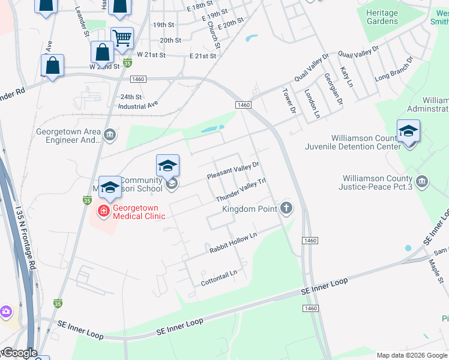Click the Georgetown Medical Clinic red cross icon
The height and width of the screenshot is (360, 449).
tap(103, 211)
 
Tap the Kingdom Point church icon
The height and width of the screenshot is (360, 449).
tap(286, 208)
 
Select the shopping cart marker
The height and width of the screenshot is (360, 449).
tap(122, 38)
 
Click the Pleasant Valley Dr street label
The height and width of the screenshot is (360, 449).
tap(233, 170)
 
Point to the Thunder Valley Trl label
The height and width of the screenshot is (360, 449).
tap(240, 190)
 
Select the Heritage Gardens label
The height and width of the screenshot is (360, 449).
tap(382, 17)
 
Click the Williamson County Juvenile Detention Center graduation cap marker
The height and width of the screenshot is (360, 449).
tap(408, 131)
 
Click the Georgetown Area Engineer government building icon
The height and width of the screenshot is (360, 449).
tap(109, 134)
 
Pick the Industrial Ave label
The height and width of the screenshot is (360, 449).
tap(138, 104)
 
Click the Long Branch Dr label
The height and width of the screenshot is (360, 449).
tap(395, 70)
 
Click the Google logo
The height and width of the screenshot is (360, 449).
tap(19, 353)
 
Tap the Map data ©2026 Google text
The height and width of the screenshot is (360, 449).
tap(411, 355)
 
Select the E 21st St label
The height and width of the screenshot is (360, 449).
tap(202, 56)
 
